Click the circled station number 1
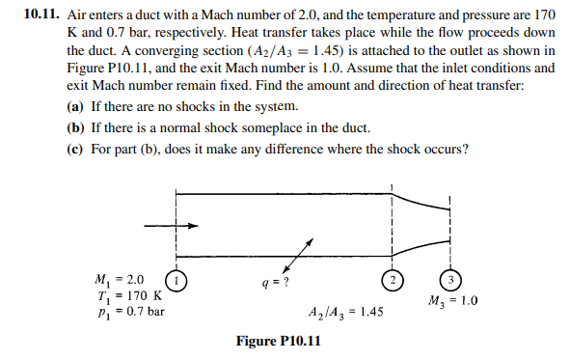click(176, 282)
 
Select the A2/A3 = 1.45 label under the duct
click(345, 313)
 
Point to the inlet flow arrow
click(171, 226)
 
